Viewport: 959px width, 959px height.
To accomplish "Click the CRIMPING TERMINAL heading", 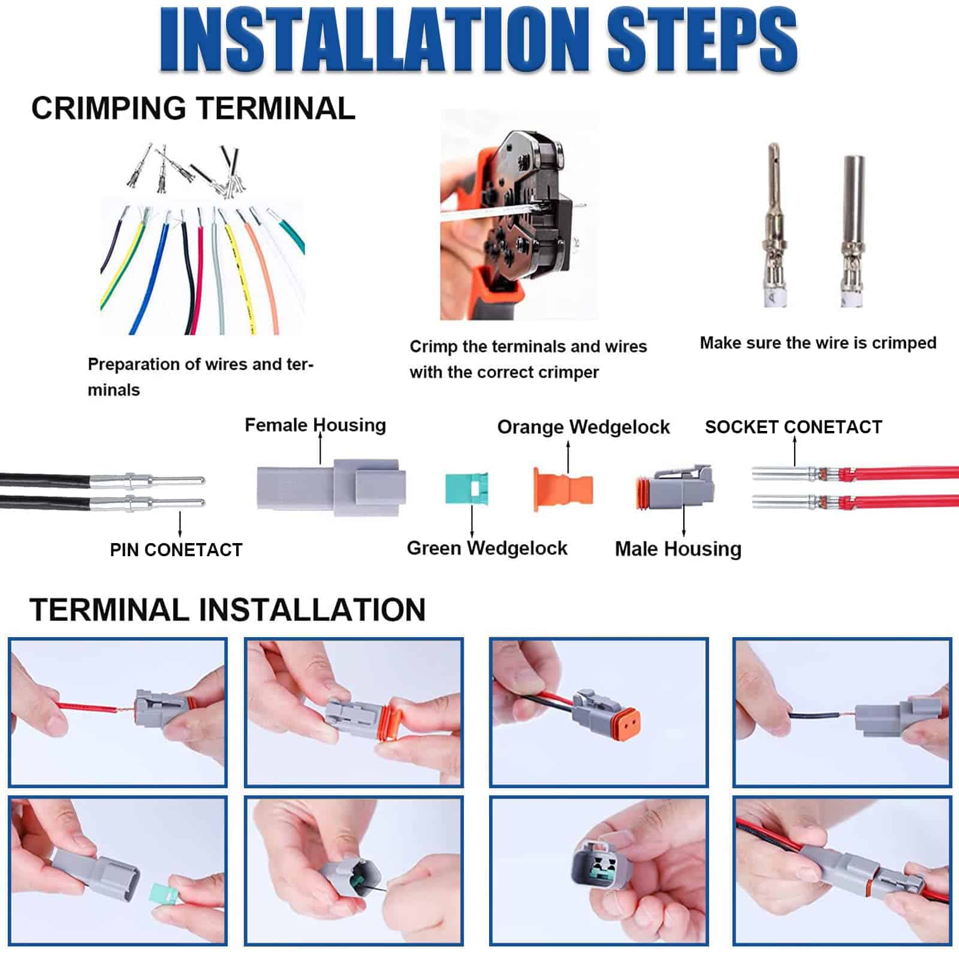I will click(x=193, y=108).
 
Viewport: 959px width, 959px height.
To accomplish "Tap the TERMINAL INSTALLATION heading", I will click(x=227, y=610).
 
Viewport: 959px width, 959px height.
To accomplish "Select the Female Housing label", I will click(x=315, y=425).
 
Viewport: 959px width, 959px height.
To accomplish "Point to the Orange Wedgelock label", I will click(x=583, y=427).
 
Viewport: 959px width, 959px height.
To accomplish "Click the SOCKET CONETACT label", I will click(x=793, y=427).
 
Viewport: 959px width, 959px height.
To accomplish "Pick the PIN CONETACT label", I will click(x=176, y=550).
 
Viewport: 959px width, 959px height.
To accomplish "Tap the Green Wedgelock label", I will click(x=487, y=548).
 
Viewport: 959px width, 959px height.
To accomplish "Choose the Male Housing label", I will click(x=678, y=548).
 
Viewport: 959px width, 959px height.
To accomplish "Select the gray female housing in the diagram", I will click(x=331, y=487).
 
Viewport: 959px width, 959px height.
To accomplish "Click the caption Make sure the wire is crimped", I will click(x=818, y=343).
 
